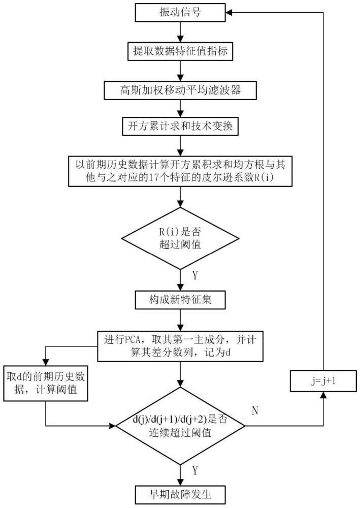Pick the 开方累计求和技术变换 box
pyautogui.click(x=180, y=125)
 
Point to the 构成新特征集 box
pyautogui.click(x=180, y=299)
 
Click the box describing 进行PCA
pyautogui.click(x=180, y=346)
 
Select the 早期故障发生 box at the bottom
pyautogui.click(x=180, y=492)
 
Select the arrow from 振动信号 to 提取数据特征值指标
pyautogui.click(x=180, y=31)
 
